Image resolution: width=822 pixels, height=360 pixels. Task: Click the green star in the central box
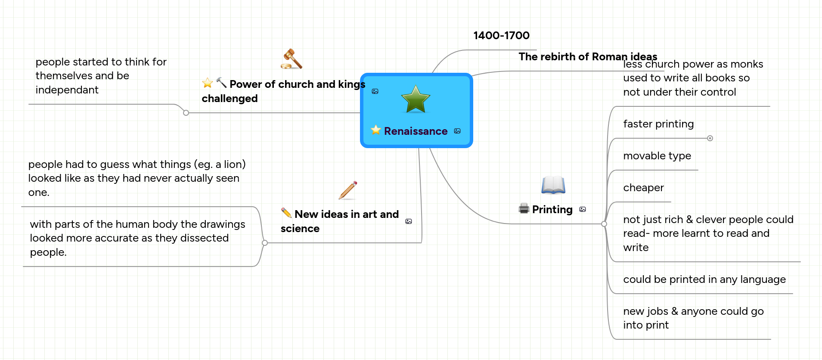click(x=416, y=99)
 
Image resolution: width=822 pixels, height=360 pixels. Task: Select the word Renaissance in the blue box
click(x=416, y=131)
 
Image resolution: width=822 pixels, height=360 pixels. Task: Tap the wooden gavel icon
click(x=292, y=59)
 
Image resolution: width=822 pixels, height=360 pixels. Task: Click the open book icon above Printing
click(x=553, y=185)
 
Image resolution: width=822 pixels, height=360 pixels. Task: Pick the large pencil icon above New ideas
click(x=348, y=190)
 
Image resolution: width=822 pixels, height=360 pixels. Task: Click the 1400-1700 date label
click(x=501, y=36)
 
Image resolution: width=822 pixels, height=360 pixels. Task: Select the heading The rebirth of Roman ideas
click(x=587, y=57)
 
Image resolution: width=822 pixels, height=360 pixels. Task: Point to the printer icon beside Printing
click(x=524, y=209)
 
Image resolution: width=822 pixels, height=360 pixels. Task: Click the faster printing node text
click(x=658, y=124)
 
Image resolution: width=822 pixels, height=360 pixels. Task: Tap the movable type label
click(x=657, y=156)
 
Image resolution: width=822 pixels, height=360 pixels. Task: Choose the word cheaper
click(x=643, y=188)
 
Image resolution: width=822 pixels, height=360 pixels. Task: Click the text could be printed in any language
click(x=704, y=279)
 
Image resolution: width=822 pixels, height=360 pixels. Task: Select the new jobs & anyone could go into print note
click(x=693, y=318)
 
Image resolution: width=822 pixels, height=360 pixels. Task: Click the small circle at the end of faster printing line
click(x=710, y=138)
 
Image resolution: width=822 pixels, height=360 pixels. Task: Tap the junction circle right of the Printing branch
click(x=604, y=224)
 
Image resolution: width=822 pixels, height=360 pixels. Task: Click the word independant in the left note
click(x=67, y=90)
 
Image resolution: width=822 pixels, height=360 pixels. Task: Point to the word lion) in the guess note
click(x=235, y=164)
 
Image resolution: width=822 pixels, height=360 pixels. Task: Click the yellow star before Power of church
click(x=208, y=83)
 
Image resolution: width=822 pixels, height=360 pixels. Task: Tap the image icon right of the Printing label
click(x=583, y=210)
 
